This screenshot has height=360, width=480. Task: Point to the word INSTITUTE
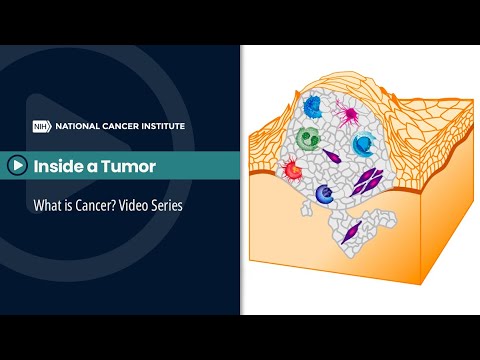click(163, 126)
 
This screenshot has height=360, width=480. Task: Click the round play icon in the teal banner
click(17, 164)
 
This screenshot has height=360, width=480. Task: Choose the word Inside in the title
click(61, 164)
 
